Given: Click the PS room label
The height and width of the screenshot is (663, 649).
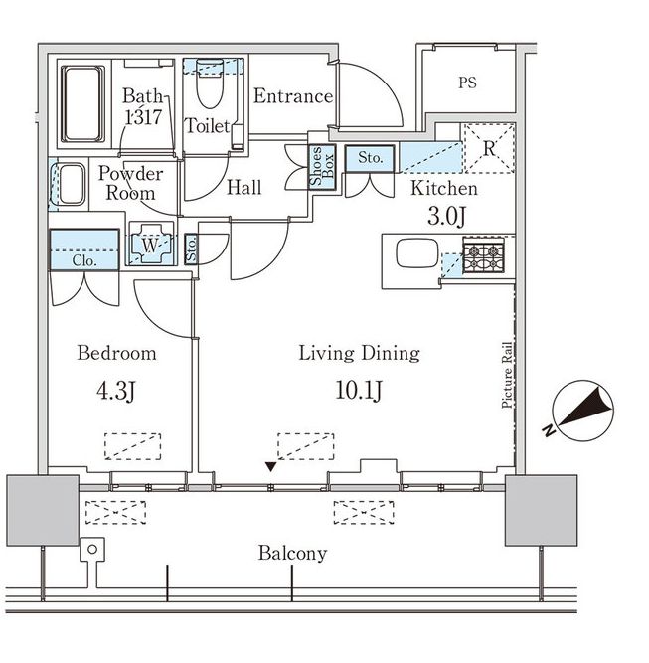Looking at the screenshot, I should click(x=467, y=83).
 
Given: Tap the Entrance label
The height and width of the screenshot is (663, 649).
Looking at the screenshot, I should click(x=292, y=96).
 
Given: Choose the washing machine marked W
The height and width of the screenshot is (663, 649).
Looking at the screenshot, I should click(x=151, y=246).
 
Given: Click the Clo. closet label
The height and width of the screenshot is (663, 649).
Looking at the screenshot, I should click(x=83, y=260).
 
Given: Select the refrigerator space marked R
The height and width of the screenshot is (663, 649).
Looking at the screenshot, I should click(x=489, y=147).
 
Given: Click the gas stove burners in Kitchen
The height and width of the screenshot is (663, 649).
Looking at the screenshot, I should click(x=484, y=255).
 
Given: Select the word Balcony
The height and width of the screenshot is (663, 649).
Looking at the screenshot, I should click(x=292, y=554).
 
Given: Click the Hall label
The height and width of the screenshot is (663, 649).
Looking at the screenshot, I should click(x=244, y=187).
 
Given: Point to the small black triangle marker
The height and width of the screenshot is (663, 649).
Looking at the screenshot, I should click(x=270, y=465).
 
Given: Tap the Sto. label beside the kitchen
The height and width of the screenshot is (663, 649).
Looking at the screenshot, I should click(x=370, y=157).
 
